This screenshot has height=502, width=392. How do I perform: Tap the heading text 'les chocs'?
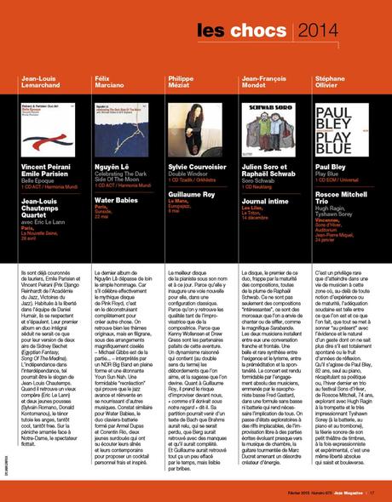[245, 31]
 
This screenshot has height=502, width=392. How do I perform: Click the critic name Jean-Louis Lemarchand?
[40, 83]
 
